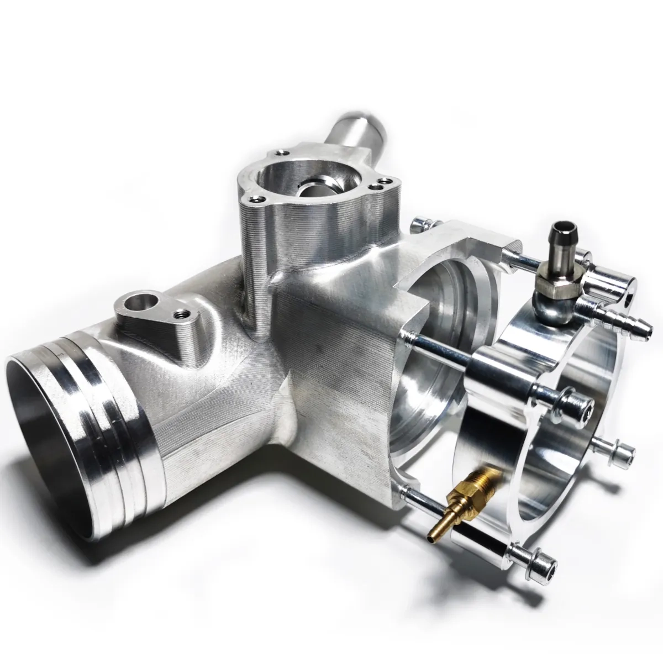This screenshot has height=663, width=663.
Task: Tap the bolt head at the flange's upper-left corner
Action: [x=421, y=224]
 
